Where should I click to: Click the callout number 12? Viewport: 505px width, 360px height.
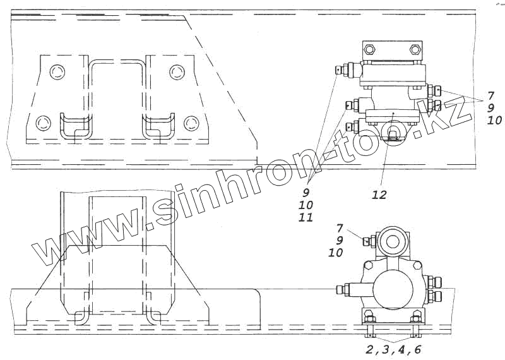[x=380, y=195]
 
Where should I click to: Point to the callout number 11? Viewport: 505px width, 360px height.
[x=306, y=217]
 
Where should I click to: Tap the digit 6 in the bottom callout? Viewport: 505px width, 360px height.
[x=417, y=350]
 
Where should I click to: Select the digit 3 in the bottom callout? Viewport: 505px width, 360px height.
[x=385, y=350]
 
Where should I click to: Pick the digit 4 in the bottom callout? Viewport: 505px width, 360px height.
[x=401, y=350]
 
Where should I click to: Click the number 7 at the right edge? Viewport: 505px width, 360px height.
[x=490, y=96]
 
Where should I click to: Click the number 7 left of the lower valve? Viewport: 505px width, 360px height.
[x=340, y=229]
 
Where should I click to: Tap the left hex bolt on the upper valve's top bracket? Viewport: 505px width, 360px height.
[x=369, y=50]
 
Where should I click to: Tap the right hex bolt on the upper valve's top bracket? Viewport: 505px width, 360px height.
[x=415, y=50]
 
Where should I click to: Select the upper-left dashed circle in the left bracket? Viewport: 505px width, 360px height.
[x=58, y=71]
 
